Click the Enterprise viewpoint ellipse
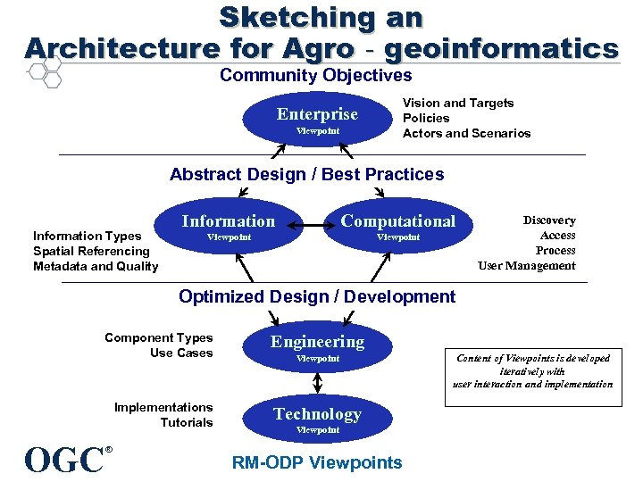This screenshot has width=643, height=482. pyautogui.click(x=317, y=120)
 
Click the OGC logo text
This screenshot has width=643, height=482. pyautogui.click(x=64, y=460)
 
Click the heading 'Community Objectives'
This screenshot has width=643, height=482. pyautogui.click(x=316, y=76)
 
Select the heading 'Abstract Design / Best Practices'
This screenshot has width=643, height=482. pyautogui.click(x=306, y=174)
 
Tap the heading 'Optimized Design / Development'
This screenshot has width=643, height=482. pyautogui.click(x=317, y=296)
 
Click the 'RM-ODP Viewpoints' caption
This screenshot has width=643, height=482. pyautogui.click(x=317, y=462)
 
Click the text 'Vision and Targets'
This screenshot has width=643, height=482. pyautogui.click(x=458, y=103)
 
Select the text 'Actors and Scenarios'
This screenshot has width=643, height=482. pyautogui.click(x=466, y=133)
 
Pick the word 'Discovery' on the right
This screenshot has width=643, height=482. pyautogui.click(x=549, y=220)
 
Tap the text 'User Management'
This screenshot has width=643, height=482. pyautogui.click(x=527, y=265)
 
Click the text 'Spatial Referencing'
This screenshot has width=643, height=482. pyautogui.click(x=91, y=251)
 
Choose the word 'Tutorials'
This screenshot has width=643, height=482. pyautogui.click(x=187, y=422)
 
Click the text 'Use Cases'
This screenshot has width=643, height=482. pyautogui.click(x=181, y=353)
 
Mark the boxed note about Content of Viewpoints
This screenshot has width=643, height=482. pyautogui.click(x=532, y=370)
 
